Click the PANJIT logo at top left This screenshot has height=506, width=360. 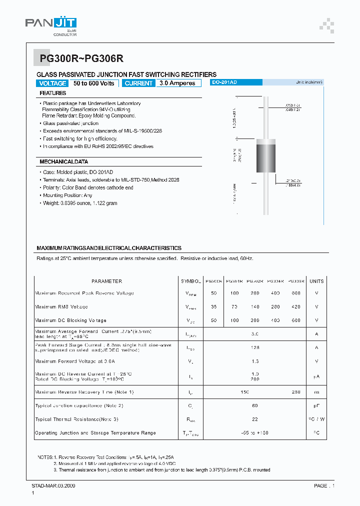click(51, 25)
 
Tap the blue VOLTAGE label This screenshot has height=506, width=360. click(52, 83)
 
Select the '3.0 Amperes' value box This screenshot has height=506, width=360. click(177, 83)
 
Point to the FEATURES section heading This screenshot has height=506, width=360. click(52, 93)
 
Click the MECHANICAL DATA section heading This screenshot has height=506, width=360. click(63, 162)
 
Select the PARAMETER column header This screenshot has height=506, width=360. click(106, 281)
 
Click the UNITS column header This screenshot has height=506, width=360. click(316, 281)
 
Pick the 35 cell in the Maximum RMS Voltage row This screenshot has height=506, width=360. click(214, 306)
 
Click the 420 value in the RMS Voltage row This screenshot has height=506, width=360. click(296, 306)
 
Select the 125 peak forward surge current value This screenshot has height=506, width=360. click(254, 347)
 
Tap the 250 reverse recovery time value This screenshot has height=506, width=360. click(296, 392)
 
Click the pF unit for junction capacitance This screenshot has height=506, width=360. click(316, 405)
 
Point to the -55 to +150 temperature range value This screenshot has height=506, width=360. click(254, 432)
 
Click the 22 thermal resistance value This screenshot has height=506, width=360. click(254, 419)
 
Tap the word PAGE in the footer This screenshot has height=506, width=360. click(320, 485)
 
